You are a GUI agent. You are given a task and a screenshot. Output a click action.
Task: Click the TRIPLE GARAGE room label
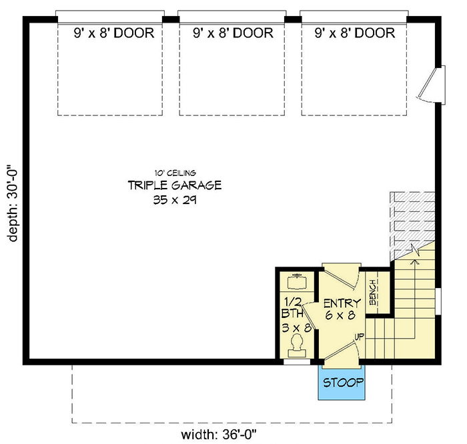point(174,185)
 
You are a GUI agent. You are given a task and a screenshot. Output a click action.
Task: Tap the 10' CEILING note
point(174,173)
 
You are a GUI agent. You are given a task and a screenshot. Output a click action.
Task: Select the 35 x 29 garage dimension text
point(174,199)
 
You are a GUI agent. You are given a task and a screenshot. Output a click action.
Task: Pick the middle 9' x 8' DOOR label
point(232,33)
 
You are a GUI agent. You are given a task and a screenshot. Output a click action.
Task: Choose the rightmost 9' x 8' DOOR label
point(354,33)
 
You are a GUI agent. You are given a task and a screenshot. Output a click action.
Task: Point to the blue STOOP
point(343,383)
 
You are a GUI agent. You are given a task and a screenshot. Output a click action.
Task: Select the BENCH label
point(374,291)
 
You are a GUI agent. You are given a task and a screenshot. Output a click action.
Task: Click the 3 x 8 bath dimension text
point(294,327)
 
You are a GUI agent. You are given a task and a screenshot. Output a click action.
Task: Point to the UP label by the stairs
point(360,336)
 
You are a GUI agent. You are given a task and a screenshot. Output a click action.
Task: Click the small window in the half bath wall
point(296,362)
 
